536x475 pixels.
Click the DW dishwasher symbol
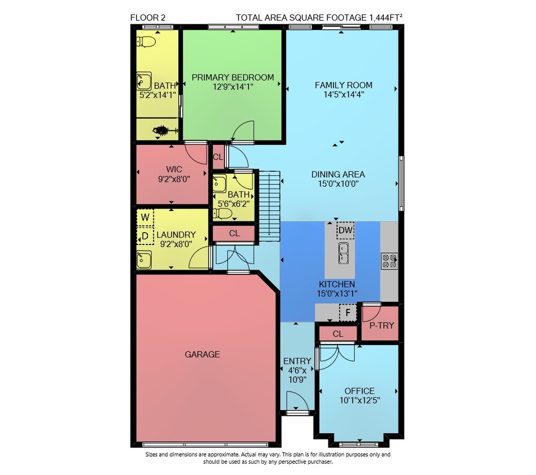click(345, 230)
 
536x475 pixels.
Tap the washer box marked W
click(145, 217)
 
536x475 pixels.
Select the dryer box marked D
click(145, 236)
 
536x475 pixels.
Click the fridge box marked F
click(348, 313)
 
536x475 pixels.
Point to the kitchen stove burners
click(389, 261)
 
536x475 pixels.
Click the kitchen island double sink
click(344, 253)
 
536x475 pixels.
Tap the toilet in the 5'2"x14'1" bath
click(146, 42)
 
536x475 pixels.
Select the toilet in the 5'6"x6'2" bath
click(222, 214)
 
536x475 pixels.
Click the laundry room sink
click(144, 260)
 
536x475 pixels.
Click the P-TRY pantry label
click(382, 325)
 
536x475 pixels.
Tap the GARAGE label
click(202, 354)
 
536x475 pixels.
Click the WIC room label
click(174, 169)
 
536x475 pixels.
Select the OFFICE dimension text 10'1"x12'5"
click(360, 400)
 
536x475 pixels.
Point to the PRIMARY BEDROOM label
click(233, 78)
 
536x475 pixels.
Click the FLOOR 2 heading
click(148, 18)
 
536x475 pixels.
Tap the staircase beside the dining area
click(270, 206)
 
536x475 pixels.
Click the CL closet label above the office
click(338, 334)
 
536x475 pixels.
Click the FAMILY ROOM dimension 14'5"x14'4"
click(344, 94)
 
